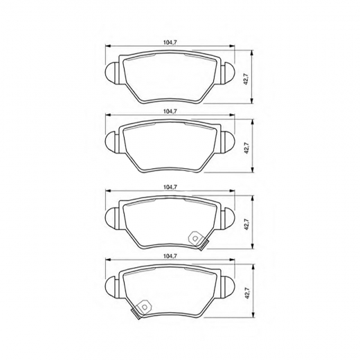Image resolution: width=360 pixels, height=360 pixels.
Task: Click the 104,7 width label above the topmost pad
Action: (170, 42)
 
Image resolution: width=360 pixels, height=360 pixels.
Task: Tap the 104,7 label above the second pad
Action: (170, 111)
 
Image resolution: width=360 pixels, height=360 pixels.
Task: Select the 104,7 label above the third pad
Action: (170, 188)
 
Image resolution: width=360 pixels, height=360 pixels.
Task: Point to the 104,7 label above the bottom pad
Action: (170, 256)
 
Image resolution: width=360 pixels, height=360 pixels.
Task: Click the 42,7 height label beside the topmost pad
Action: (246, 78)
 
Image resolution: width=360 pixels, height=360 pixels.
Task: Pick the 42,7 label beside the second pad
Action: (246, 148)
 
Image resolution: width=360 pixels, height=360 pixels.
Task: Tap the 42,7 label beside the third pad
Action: (246, 224)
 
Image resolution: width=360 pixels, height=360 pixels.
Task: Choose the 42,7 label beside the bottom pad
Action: (247, 293)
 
